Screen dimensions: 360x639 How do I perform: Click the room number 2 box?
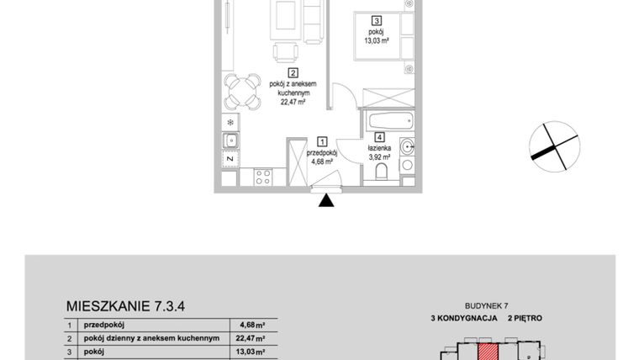[x=293, y=72]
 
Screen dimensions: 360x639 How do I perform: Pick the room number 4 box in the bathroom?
[x=380, y=138]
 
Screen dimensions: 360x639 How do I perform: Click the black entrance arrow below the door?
[x=327, y=200]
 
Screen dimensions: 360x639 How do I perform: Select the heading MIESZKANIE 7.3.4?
[x=124, y=306]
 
